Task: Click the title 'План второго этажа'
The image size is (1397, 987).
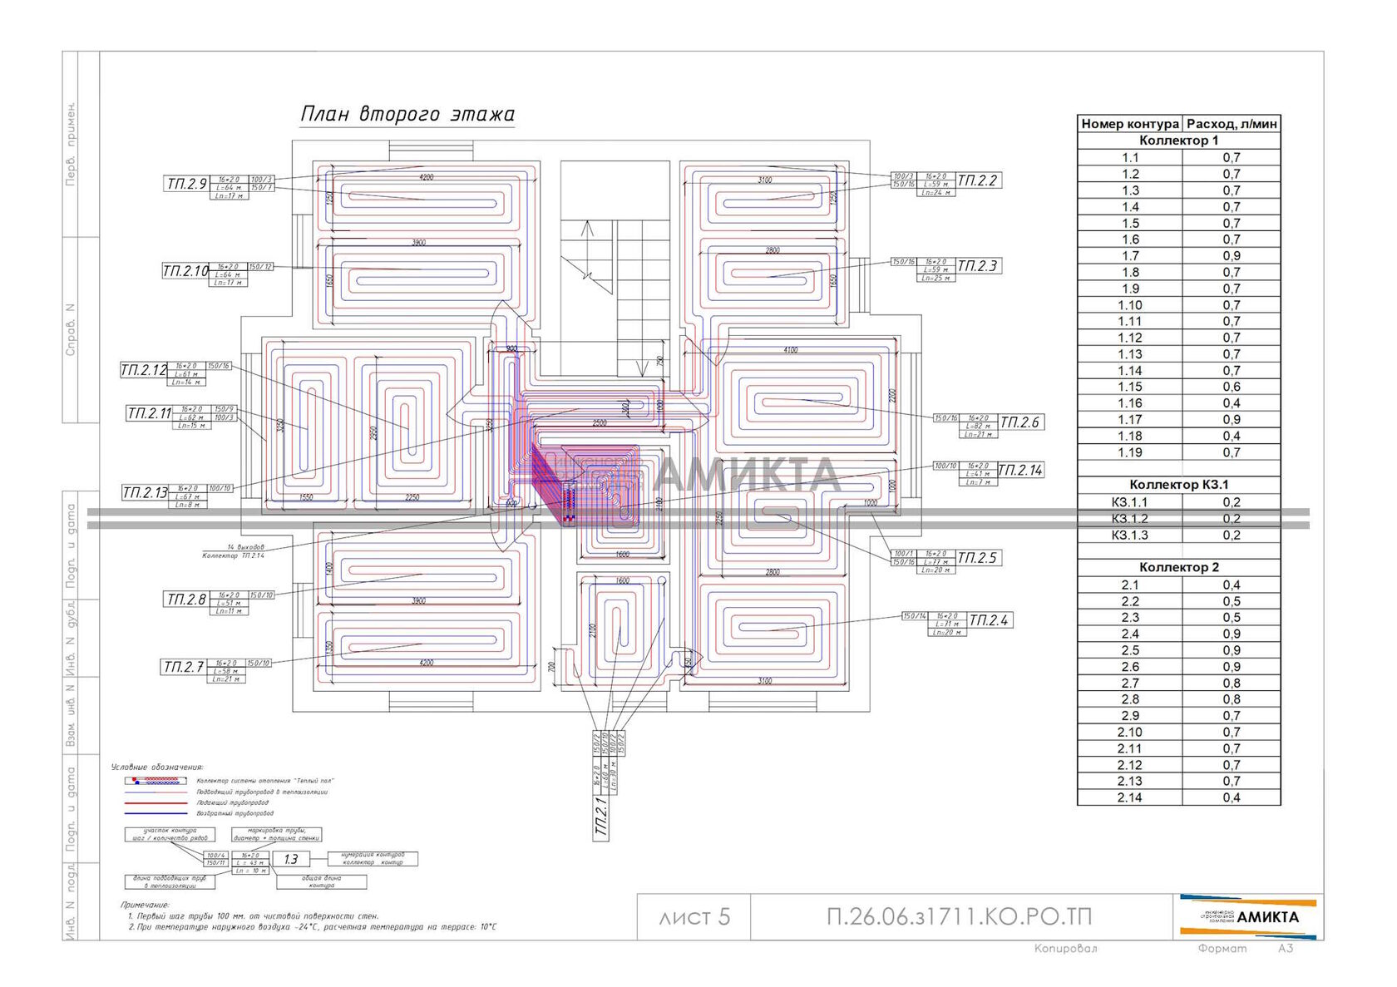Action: [x=407, y=114]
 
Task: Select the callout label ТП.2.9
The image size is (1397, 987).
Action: [x=186, y=184]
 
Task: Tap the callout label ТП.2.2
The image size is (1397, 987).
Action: [x=977, y=180]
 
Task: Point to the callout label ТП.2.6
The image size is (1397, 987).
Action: [x=1019, y=422]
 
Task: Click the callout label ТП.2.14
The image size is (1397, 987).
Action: [x=1019, y=471]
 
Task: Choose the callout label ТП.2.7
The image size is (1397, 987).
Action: [x=183, y=667]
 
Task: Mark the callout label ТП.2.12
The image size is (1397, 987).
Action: [x=144, y=370]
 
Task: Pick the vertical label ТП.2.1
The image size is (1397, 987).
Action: [x=602, y=817]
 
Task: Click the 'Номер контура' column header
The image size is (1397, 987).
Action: [x=1129, y=124]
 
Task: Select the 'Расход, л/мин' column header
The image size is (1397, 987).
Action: [x=1232, y=124]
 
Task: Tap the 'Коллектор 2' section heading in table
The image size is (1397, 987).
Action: [x=1178, y=567]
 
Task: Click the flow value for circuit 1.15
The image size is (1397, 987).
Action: [x=1232, y=387]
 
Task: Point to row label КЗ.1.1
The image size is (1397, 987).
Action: [x=1129, y=502]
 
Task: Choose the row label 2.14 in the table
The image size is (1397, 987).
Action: [x=1130, y=797]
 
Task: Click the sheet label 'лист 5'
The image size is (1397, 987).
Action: [x=694, y=917]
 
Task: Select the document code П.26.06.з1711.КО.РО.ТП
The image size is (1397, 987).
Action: [x=959, y=917]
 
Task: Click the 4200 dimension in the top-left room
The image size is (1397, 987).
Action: [x=426, y=177]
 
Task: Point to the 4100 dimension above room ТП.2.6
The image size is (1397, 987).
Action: [x=790, y=350]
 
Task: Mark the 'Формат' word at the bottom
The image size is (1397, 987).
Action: [x=1222, y=949]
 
